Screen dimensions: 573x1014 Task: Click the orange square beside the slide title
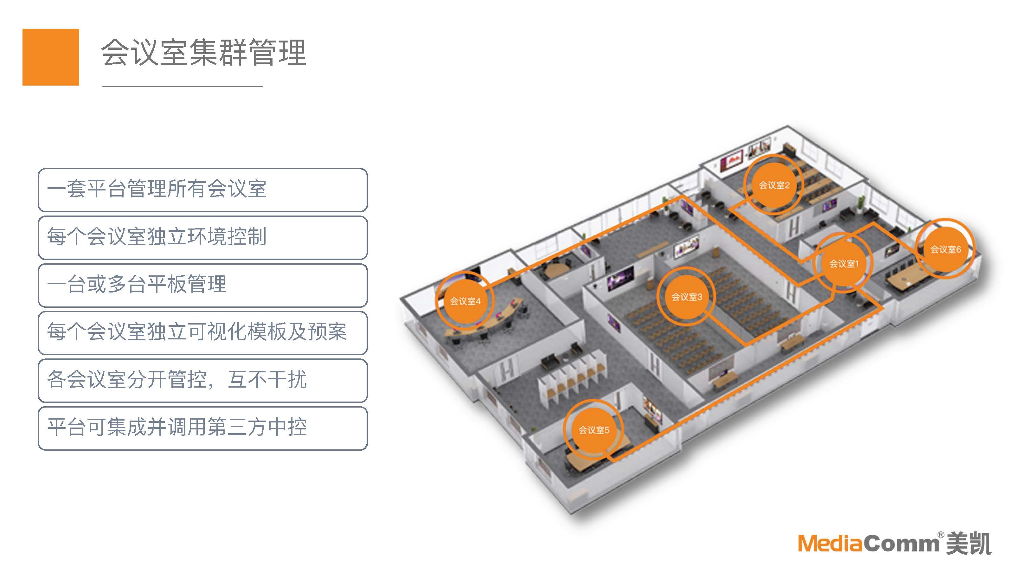point(51,57)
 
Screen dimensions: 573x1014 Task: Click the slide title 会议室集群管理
point(203,52)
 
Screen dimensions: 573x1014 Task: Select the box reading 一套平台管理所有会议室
point(203,190)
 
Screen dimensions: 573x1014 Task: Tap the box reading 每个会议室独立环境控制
point(203,237)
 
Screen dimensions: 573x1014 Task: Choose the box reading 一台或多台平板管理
point(203,285)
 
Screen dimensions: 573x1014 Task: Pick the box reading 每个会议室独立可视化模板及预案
point(203,333)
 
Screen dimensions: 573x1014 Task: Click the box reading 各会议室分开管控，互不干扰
point(203,380)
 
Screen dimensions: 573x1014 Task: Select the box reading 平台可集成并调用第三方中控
point(203,428)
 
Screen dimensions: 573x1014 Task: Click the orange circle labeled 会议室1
point(843,263)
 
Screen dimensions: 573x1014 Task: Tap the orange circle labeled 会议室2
point(774,185)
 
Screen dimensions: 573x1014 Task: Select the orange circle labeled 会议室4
point(465,301)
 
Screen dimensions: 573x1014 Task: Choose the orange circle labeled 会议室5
point(594,430)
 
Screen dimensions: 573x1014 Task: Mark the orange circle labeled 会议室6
point(945,249)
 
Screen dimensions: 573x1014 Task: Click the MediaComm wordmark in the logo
point(868,544)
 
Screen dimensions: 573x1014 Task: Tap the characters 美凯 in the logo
point(968,544)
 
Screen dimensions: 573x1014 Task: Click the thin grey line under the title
point(183,86)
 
